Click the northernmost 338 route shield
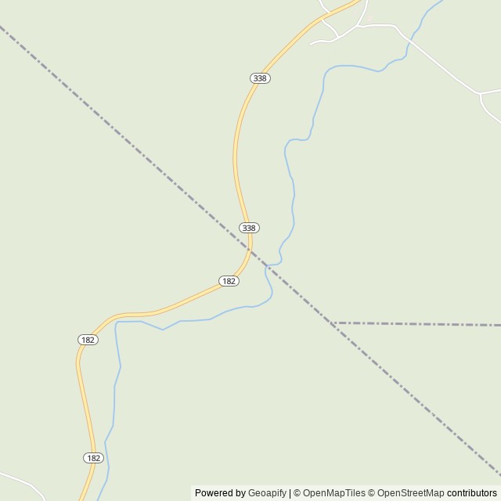click(261, 78)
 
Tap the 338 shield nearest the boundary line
click(249, 228)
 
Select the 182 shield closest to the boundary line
click(229, 281)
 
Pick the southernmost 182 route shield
click(93, 458)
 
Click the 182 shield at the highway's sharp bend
click(88, 340)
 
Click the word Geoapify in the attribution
click(267, 493)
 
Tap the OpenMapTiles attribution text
click(333, 493)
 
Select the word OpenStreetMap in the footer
click(410, 493)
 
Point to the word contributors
click(472, 493)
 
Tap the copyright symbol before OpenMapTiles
click(297, 493)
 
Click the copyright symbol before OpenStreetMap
click(372, 493)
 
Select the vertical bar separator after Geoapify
click(290, 493)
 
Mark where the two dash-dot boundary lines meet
click(333, 323)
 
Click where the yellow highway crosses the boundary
click(250, 248)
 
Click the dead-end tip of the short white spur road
click(311, 43)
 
